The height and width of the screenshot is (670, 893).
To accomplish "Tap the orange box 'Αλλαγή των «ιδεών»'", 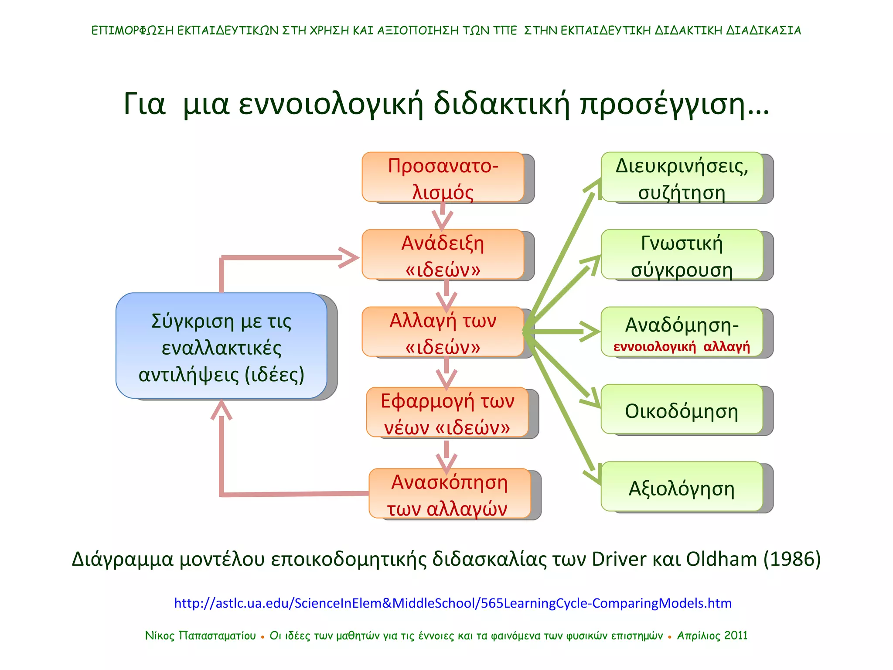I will click(x=443, y=332).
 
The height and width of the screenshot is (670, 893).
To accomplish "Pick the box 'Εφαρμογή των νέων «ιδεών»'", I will click(x=447, y=412).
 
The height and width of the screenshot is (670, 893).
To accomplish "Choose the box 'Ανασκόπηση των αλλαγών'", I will click(x=450, y=493).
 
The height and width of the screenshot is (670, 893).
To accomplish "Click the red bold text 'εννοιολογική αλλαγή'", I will click(x=682, y=347).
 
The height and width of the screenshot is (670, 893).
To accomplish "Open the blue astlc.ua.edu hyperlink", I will click(x=453, y=603).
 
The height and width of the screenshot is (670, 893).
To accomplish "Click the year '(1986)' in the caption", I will click(x=792, y=559).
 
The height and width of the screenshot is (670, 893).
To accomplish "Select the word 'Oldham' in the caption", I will click(x=721, y=559).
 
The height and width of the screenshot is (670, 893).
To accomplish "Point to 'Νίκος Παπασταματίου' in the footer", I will click(x=200, y=636).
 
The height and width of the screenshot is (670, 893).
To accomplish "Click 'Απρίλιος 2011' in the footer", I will click(x=712, y=636).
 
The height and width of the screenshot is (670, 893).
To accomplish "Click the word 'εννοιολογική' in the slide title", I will click(x=331, y=105).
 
